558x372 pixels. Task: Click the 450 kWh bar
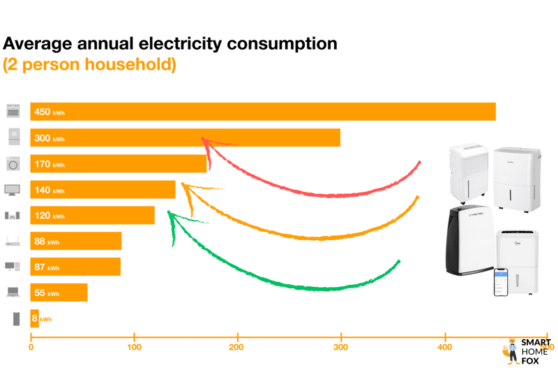pos(263,112)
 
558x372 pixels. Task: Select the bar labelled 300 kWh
pos(186,137)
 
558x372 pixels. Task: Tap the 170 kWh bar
pos(119,164)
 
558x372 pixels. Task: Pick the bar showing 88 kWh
pos(76,241)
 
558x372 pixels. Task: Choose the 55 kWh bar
pos(59,292)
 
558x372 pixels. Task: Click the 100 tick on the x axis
pos(135,346)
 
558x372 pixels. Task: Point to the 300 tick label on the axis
pos(341,346)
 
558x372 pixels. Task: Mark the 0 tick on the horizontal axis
pos(31,346)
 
